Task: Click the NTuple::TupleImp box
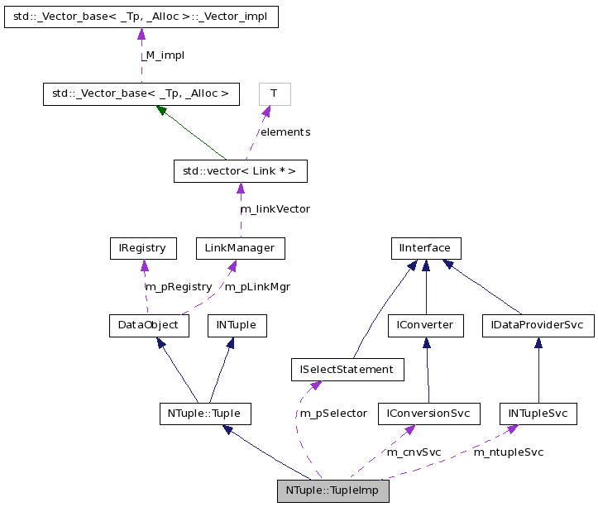click(x=333, y=490)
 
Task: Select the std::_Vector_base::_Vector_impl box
click(x=141, y=17)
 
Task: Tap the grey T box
click(x=275, y=93)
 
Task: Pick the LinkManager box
click(x=240, y=247)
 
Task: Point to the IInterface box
click(x=425, y=247)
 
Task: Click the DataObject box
click(x=149, y=325)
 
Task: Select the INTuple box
click(x=237, y=325)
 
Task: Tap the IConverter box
click(x=426, y=325)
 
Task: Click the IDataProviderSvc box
click(x=538, y=325)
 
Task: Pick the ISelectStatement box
click(x=347, y=369)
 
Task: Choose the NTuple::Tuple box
click(x=204, y=413)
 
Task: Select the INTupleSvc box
click(x=538, y=413)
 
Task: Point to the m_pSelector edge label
click(x=333, y=414)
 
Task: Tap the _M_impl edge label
click(x=162, y=55)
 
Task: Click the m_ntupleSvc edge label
click(x=508, y=452)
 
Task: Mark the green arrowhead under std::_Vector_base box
click(x=163, y=111)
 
